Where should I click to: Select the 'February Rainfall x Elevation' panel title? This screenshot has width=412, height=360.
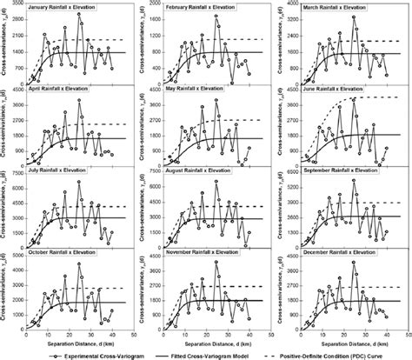pos(204,10)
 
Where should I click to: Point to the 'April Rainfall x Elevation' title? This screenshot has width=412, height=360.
pos(63,90)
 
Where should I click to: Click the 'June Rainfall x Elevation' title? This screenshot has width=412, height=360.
pos(332,90)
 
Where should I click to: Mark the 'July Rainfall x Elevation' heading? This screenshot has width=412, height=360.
pos(61,170)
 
